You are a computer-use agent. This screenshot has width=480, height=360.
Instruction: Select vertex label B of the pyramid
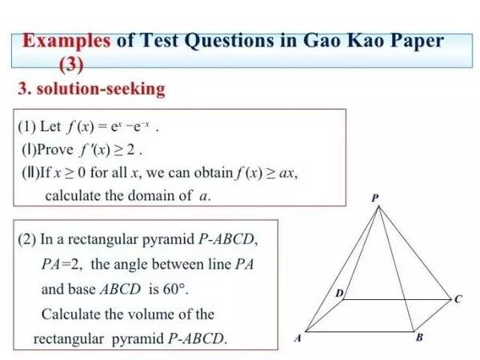tap(420, 339)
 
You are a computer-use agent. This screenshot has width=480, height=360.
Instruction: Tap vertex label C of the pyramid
tap(458, 300)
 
